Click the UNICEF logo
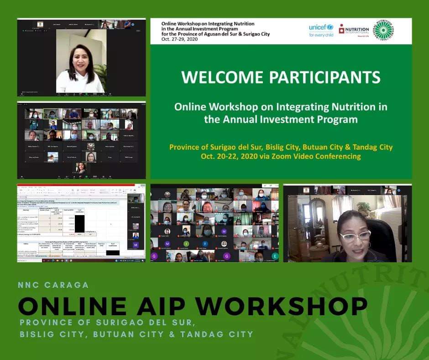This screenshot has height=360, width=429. (321, 30)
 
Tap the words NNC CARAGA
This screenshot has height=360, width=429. (53, 285)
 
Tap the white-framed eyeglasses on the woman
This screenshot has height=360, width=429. (355, 236)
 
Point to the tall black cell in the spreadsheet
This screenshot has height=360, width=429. (79, 223)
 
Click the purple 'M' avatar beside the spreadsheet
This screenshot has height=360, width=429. (136, 245)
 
